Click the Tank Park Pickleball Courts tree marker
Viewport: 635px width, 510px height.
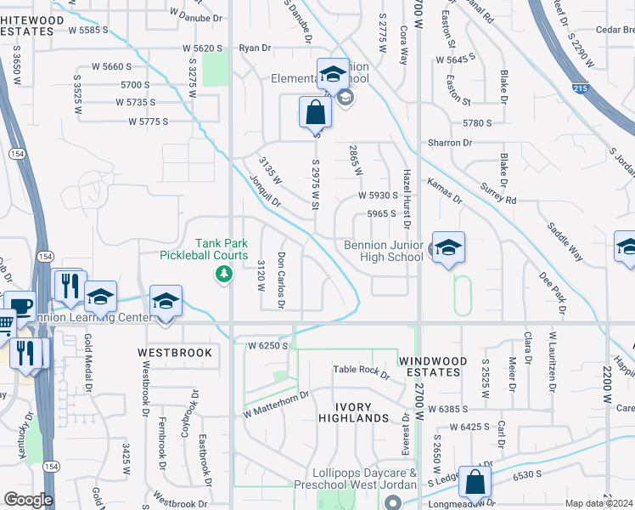(223, 273)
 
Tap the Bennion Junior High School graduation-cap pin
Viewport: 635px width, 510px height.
(448, 247)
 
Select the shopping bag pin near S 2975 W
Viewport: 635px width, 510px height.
(315, 112)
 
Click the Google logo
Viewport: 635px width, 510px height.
(28, 500)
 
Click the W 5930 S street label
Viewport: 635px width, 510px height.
(378, 195)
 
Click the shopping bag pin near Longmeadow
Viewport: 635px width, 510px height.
(475, 482)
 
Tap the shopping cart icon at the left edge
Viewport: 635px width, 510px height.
(6, 324)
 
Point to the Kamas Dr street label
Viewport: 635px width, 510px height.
(444, 191)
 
